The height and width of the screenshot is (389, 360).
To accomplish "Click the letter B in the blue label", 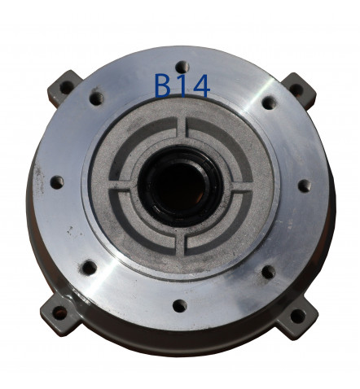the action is [163, 85].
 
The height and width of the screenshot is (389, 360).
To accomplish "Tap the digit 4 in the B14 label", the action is [200, 85].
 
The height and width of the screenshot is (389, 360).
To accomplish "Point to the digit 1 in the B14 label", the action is [181, 85].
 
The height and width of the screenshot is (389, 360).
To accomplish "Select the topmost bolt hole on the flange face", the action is [182, 67].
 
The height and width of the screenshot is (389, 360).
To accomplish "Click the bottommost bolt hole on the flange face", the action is [180, 306].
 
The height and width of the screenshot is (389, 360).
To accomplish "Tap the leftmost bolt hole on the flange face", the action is [57, 182].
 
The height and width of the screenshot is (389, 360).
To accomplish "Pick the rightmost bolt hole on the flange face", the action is [305, 186].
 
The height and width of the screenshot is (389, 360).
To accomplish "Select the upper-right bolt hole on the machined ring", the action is [270, 103].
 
